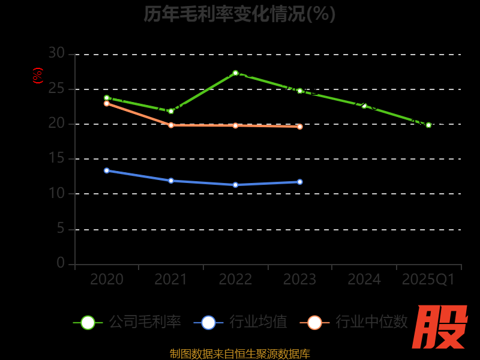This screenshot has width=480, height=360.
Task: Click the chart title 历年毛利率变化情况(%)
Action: (239, 14)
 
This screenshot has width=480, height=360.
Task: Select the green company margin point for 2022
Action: (235, 73)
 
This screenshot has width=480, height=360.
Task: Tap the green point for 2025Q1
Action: (428, 125)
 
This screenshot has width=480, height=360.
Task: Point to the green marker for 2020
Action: (107, 98)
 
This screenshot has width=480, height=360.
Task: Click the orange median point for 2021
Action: (171, 125)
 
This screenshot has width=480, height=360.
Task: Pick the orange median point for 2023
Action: (300, 127)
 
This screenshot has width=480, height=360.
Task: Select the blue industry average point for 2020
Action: (107, 170)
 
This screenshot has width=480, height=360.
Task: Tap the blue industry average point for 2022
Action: (235, 185)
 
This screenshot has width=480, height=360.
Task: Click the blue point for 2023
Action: (300, 182)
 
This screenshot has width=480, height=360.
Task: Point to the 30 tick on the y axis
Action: (56, 53)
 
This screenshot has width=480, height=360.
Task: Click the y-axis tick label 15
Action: (56, 158)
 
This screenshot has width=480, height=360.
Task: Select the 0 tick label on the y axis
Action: (61, 263)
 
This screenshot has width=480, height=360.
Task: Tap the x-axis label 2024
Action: (364, 280)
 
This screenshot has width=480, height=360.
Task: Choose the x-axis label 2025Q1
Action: (428, 280)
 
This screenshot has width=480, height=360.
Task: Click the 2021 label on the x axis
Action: (171, 280)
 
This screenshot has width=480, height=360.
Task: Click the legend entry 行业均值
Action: (241, 322)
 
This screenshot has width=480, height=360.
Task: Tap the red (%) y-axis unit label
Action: (38, 76)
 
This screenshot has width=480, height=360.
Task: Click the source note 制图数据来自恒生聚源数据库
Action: (239, 353)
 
